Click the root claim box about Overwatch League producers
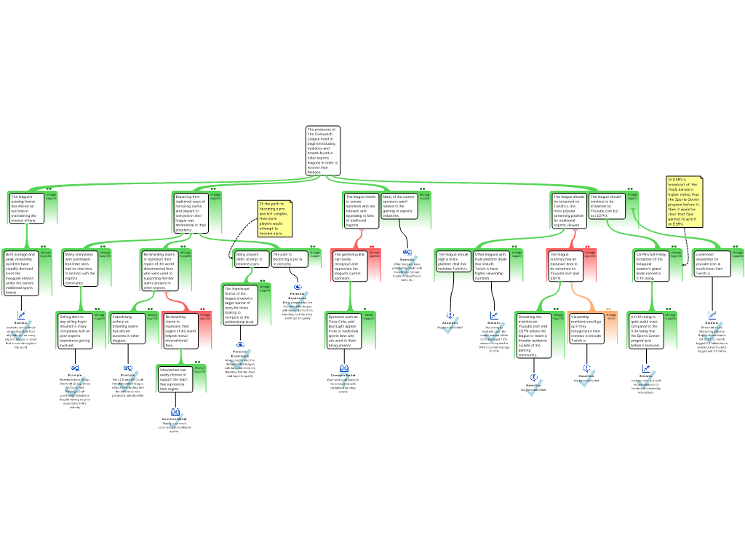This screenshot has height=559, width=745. (322, 151)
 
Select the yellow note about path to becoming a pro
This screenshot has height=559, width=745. (274, 218)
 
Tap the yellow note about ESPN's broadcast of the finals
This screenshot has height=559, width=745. (684, 201)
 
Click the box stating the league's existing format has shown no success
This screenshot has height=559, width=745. (26, 207)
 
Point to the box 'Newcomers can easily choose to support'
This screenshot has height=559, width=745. (175, 379)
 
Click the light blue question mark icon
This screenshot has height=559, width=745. (345, 379)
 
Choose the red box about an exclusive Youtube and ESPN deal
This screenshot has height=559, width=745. (566, 266)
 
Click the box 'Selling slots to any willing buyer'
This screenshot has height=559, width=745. (75, 330)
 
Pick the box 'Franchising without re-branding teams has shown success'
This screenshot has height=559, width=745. (128, 328)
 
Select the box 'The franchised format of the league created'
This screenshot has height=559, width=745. (239, 305)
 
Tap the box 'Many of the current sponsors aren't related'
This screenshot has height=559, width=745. (399, 206)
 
